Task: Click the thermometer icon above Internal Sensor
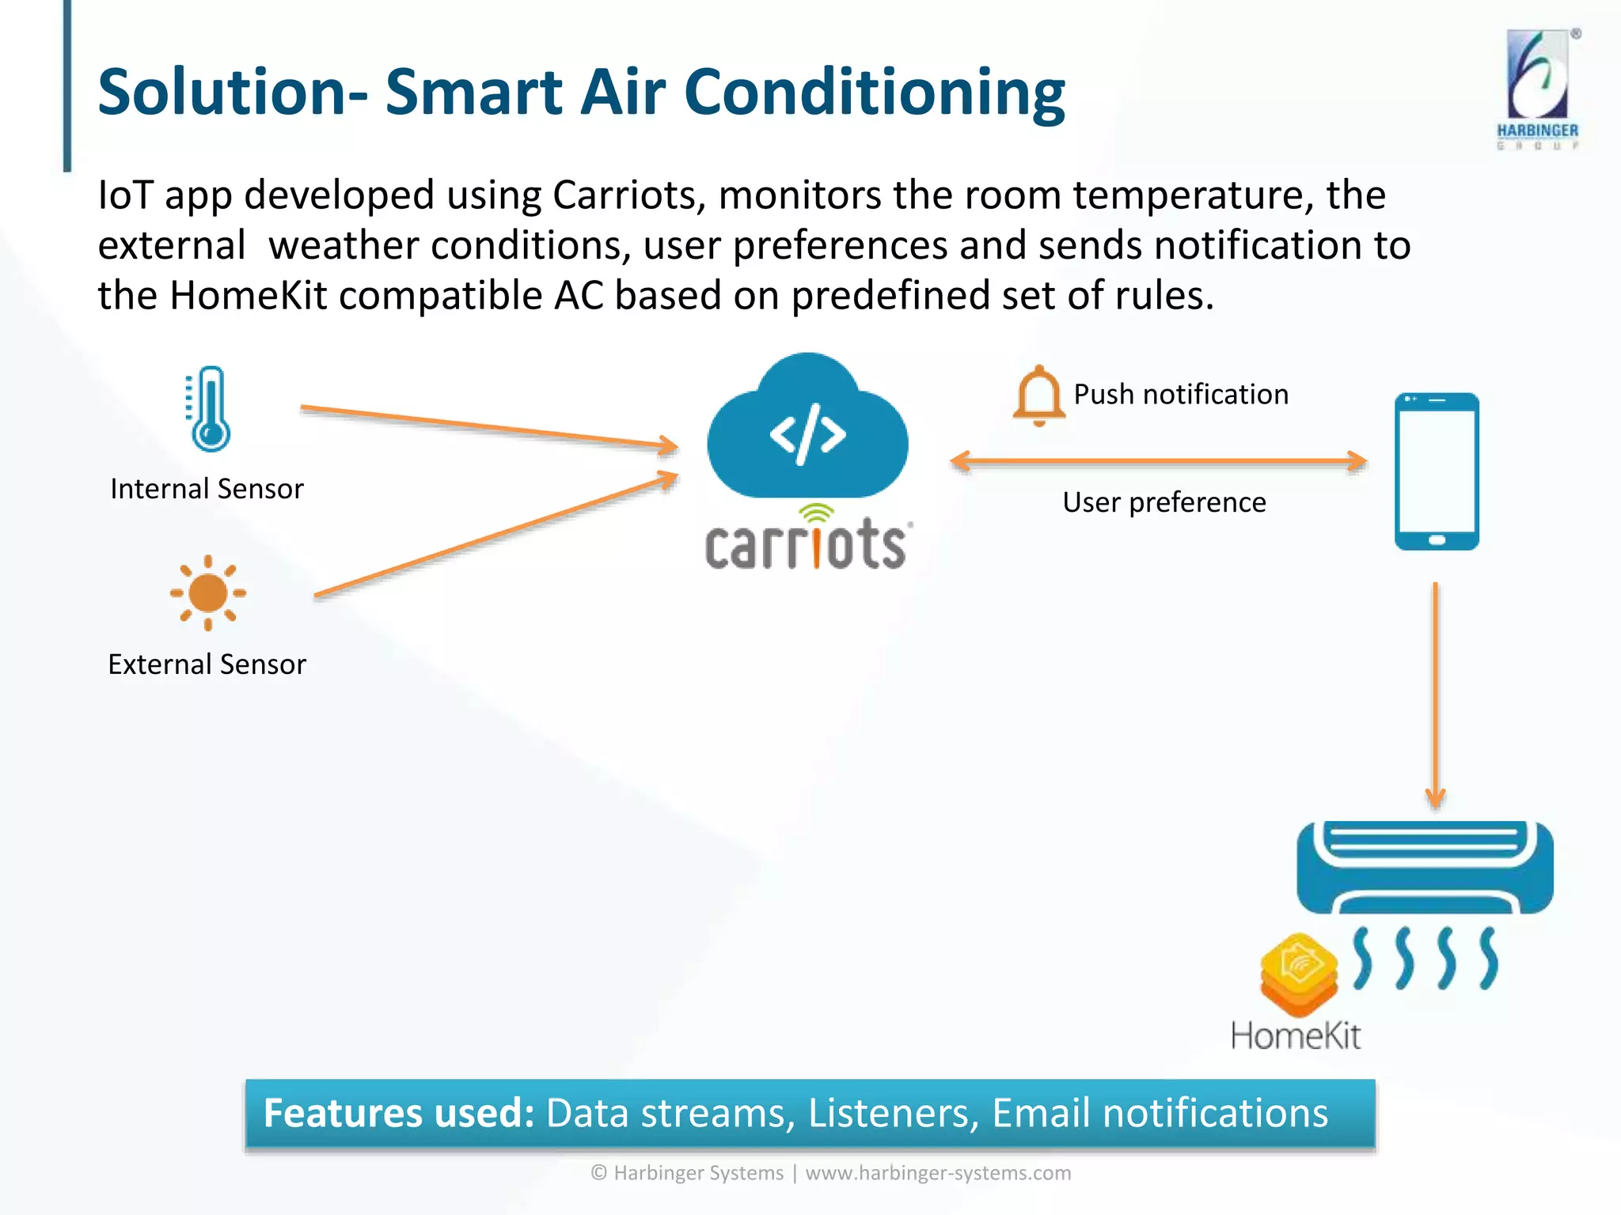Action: tap(210, 409)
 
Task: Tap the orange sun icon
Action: tap(208, 592)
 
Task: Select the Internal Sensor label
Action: tap(207, 489)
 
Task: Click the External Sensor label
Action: tap(207, 664)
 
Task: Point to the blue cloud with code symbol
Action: tap(807, 431)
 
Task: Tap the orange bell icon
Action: tap(1038, 396)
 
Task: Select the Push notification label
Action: tap(1180, 394)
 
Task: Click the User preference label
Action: tap(1164, 502)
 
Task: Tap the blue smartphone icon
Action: tap(1436, 471)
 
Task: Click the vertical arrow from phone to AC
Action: tap(1435, 696)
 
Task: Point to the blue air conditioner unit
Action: tap(1424, 868)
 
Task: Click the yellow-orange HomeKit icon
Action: tap(1298, 975)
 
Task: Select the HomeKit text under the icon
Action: tap(1295, 1035)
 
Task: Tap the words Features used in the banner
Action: tap(398, 1113)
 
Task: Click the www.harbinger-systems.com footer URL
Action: tap(937, 1173)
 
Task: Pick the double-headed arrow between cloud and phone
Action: tap(1158, 461)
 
